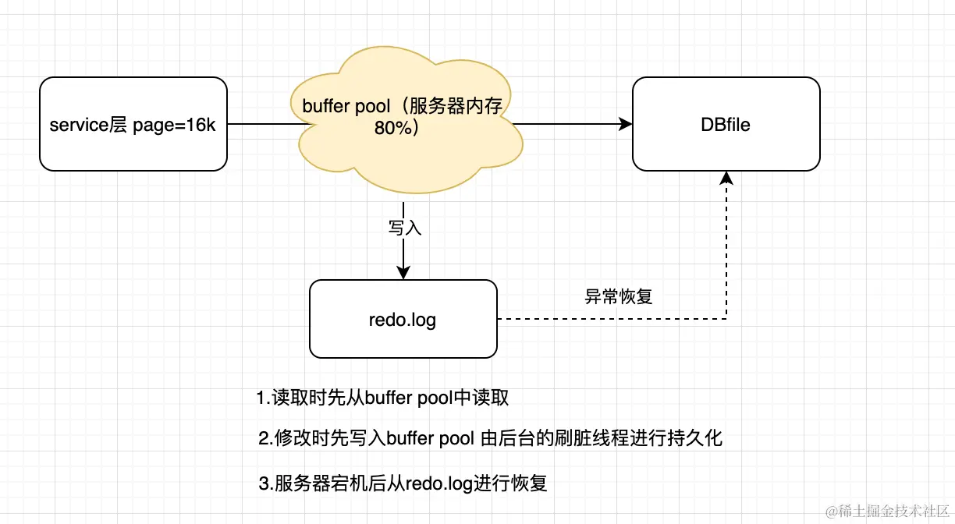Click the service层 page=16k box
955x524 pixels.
[x=133, y=124]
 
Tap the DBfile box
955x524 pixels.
[x=726, y=124]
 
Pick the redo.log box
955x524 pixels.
[x=403, y=319]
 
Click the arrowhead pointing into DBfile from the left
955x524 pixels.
[x=625, y=124]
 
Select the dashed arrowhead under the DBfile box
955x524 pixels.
[x=726, y=178]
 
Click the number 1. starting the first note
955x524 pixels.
[x=264, y=398]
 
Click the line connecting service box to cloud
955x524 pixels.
[x=261, y=124]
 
